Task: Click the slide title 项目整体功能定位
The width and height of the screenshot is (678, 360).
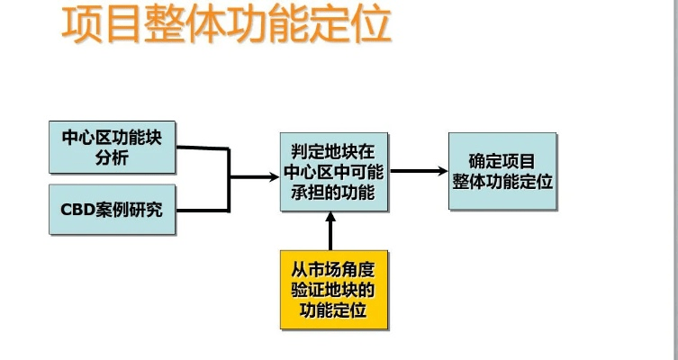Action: (x=227, y=26)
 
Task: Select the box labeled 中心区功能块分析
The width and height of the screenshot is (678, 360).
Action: (x=112, y=147)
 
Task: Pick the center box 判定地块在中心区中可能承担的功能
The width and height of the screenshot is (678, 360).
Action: (x=333, y=171)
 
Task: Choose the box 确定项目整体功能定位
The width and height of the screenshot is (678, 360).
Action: (x=502, y=171)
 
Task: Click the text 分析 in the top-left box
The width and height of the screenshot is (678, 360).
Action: (x=112, y=157)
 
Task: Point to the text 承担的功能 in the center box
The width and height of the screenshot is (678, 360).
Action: (x=333, y=192)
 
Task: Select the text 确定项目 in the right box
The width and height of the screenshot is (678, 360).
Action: (x=502, y=161)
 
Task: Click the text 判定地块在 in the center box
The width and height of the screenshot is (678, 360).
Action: (x=333, y=150)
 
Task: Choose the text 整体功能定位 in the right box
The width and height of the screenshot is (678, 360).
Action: (x=502, y=182)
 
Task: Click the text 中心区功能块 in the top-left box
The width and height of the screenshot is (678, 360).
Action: (x=112, y=137)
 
